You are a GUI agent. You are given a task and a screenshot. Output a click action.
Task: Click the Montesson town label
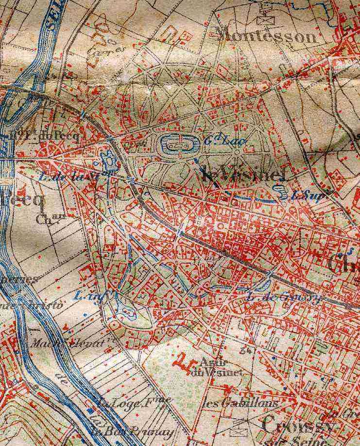pyautogui.click(x=265, y=36)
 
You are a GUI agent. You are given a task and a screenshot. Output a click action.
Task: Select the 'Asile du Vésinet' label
pyautogui.click(x=221, y=368)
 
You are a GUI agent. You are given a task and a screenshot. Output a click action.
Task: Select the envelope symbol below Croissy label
pyautogui.click(x=239, y=430)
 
